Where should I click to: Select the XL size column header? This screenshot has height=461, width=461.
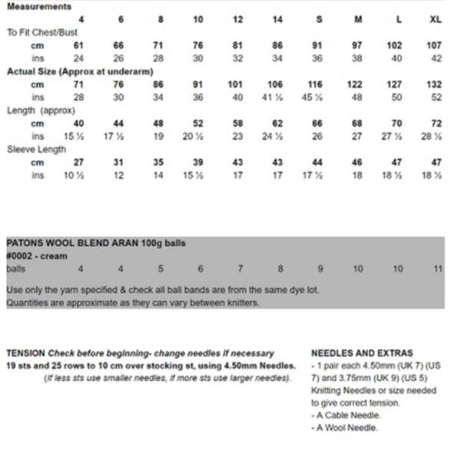tap(436, 19)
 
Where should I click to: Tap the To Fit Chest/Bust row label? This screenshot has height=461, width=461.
tap(42, 33)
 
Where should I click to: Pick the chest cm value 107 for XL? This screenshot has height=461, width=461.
tap(436, 46)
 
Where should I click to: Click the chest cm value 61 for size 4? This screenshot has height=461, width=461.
tap(79, 46)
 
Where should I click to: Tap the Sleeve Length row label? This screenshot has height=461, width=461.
tap(36, 150)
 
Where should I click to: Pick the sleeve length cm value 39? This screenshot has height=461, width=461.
tap(198, 163)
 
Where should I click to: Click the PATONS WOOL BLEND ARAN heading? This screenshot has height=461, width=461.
tap(95, 243)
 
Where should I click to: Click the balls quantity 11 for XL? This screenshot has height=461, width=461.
tap(438, 269)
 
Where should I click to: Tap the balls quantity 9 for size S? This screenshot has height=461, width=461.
tap(320, 269)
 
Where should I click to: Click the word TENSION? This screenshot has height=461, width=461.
tap(25, 353)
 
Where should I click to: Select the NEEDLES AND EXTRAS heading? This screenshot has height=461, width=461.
tap(362, 353)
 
